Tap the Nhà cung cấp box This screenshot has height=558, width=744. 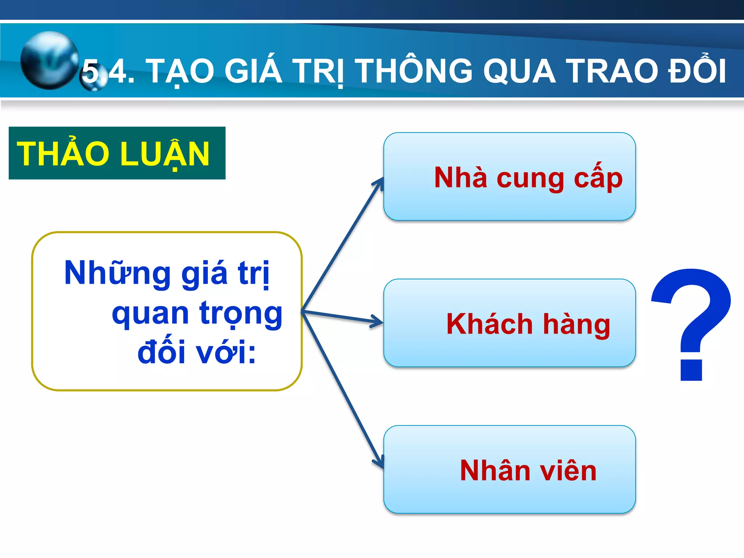509,177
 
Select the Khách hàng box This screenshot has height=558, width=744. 509,323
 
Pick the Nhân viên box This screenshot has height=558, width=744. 509,469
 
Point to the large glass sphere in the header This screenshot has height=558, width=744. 49,60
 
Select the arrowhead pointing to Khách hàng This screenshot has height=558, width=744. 378,322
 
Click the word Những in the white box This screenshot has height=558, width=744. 117,273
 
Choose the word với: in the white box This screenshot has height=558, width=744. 226,352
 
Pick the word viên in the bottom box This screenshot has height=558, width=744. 568,471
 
